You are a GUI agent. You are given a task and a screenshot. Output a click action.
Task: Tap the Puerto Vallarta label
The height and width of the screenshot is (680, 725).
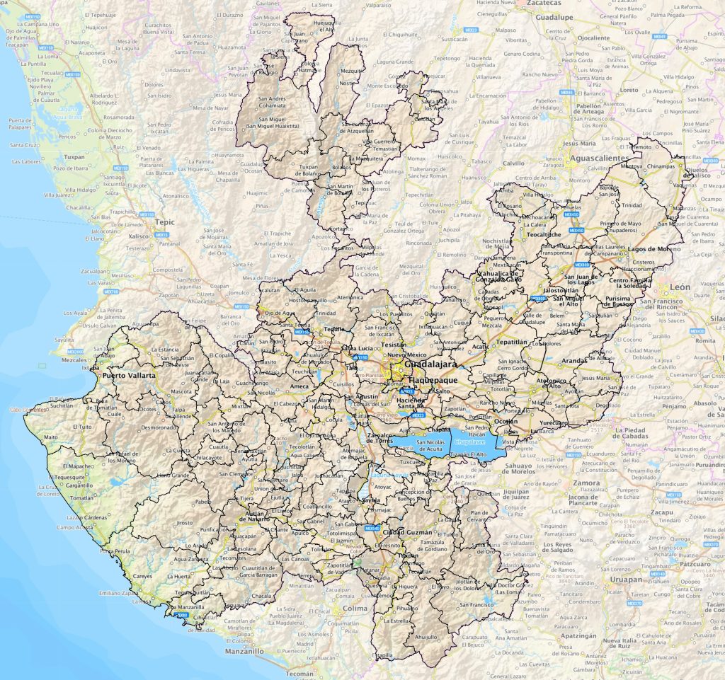click(130, 376)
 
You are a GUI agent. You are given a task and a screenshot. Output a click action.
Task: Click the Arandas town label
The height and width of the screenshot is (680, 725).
click(573, 359)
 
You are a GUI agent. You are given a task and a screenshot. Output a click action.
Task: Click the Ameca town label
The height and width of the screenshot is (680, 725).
click(299, 386)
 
